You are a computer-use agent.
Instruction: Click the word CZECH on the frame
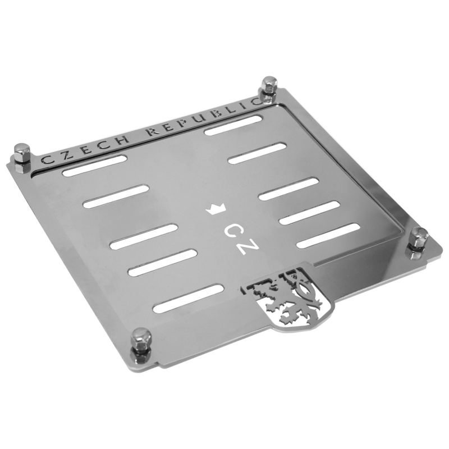tap(85, 148)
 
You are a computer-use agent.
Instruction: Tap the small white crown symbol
tap(216, 209)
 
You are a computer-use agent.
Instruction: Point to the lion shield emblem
tap(288, 298)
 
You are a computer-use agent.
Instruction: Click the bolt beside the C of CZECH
tap(22, 158)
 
